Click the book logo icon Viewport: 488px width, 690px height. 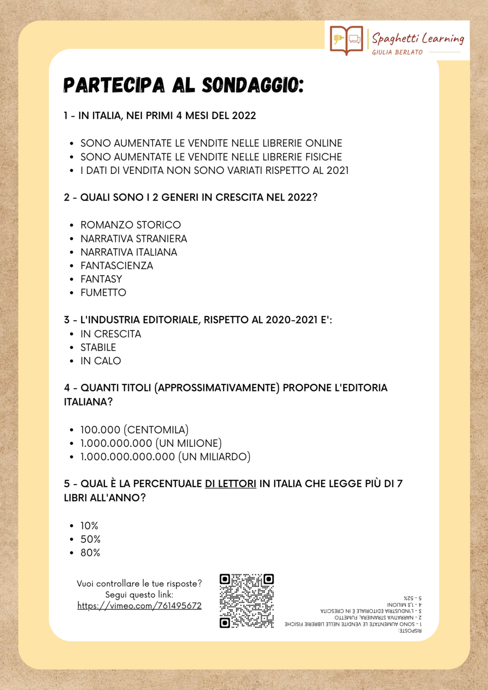[346, 40]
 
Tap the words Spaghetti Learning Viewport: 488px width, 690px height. [418, 38]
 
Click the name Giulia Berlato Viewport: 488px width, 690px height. [397, 52]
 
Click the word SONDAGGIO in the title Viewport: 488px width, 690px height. [252, 85]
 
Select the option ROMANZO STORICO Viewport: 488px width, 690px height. [131, 225]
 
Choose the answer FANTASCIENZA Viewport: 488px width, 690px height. [117, 266]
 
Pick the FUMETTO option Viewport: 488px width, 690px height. [103, 292]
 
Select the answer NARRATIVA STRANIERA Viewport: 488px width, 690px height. [134, 238]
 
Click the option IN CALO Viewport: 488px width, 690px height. [101, 361]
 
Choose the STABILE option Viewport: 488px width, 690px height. [98, 347]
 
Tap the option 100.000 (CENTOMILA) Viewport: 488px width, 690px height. [135, 430]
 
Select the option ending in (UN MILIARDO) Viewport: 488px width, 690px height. [165, 456]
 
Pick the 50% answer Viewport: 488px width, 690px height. [90, 539]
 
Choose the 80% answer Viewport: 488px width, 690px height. [90, 553]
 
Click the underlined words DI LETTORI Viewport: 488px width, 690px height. [230, 484]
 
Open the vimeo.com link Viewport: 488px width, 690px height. [139, 606]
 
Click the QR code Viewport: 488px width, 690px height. [247, 601]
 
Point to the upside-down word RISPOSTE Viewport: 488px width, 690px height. [410, 631]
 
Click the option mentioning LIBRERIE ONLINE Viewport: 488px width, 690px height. [211, 143]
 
